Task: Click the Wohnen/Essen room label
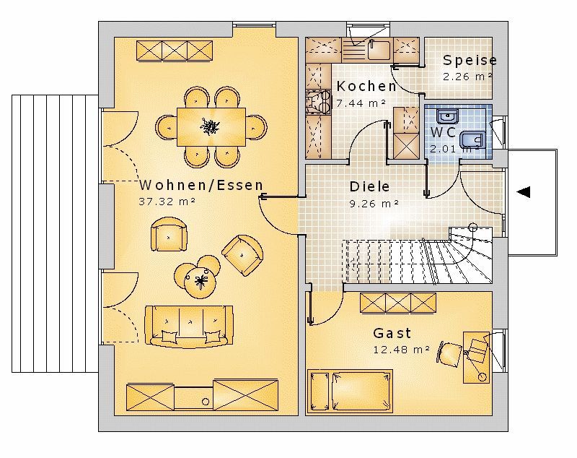pos(201,185)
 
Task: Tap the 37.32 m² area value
pos(167,202)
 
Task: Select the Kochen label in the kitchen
pos(366,86)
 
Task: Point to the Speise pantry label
pos(470,60)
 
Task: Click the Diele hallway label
pos(369,186)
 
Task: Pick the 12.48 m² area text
pos(402,350)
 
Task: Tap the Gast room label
pos(392,333)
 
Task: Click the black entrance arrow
pos(524,192)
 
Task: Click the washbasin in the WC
pos(447,116)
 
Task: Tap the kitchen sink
pos(379,49)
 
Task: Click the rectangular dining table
pos(211,126)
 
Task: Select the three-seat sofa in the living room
pos(189,326)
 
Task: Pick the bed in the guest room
pos(350,391)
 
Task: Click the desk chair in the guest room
pos(449,354)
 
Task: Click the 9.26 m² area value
pos(374,204)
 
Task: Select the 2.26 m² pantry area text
pos(467,77)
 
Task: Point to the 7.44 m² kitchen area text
pos(361,103)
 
